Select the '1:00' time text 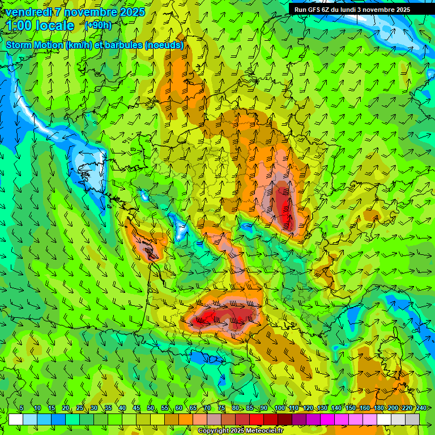coord(20,25)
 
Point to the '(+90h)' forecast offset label coord(98,25)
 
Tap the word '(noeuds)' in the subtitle coord(164,45)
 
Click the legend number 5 coord(22,408)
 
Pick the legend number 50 coord(151,408)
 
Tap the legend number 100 coord(279,408)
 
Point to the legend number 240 coord(421,408)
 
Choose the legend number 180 coord(378,408)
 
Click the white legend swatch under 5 coord(16,419)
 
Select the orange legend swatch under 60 coord(172,419)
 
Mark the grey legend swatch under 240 coord(412,419)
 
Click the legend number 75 coord(221,408)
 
